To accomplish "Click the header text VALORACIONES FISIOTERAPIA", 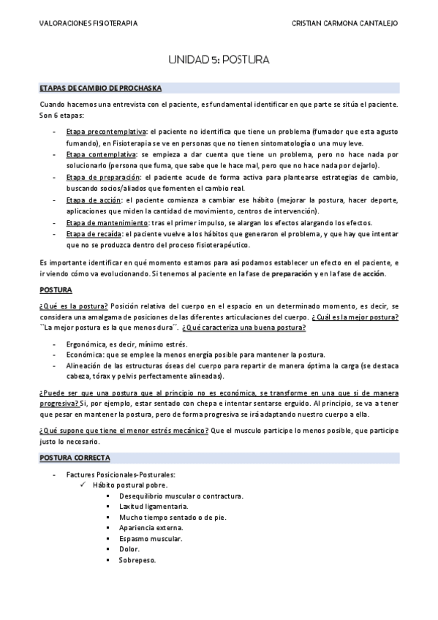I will pos(88,23).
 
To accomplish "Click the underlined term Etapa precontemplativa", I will pos(105,132).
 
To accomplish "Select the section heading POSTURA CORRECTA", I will pos(75,458).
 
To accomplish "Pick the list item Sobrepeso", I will pos(137,561).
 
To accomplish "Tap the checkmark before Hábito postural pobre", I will pos(85,485).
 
